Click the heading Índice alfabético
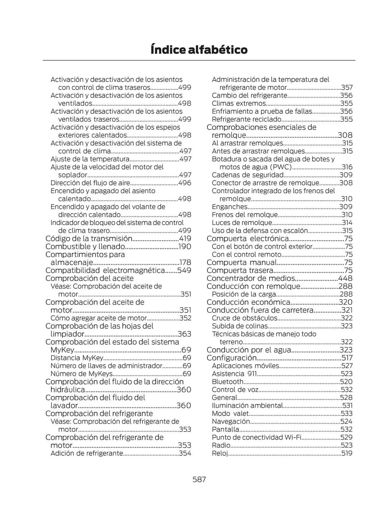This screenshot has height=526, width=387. click(199, 50)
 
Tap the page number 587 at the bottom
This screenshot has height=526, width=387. click(199, 479)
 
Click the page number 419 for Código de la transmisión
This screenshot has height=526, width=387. click(185, 239)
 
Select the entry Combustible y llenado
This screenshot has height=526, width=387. click(85, 246)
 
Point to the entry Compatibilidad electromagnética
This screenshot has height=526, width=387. click(105, 270)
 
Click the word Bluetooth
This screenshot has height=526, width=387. click(228, 382)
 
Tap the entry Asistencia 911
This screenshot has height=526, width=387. click(234, 374)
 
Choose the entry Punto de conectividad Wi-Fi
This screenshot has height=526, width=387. click(257, 437)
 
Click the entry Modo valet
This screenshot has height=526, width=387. click(230, 413)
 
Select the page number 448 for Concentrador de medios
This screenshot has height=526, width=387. click(345, 278)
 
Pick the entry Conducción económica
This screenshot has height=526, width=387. click(248, 302)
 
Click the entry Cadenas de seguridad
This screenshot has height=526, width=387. click(248, 175)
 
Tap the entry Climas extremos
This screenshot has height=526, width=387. click(239, 103)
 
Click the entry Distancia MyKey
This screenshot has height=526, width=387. click(77, 358)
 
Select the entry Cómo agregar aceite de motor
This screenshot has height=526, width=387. click(98, 318)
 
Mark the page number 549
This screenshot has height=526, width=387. click(184, 270)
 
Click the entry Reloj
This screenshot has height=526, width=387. click(220, 453)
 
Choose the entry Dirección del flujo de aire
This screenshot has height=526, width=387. click(90, 183)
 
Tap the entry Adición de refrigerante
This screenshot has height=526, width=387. click(87, 453)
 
